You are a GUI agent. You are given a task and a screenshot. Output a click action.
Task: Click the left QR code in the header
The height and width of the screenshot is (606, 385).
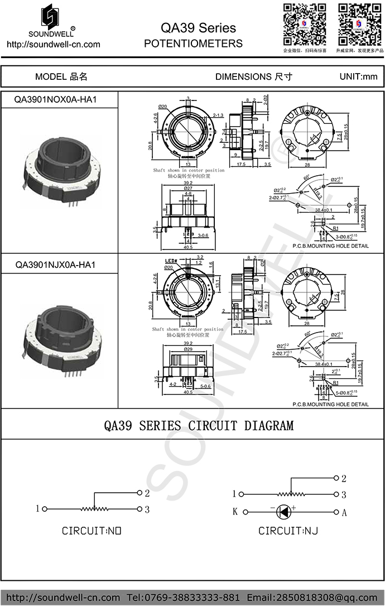tap(305, 24)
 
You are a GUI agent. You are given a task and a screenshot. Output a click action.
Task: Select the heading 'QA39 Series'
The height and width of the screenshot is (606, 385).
tap(198, 28)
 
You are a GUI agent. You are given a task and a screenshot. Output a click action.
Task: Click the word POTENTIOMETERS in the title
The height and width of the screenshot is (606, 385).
tap(193, 44)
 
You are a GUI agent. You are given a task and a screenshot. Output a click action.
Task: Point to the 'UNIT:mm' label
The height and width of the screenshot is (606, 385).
tap(358, 76)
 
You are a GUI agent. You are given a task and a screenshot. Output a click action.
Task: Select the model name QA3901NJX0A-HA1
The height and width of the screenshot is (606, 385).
tap(55, 264)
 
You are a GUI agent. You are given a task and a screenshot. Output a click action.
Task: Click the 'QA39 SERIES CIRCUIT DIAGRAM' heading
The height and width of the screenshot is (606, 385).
tap(199, 426)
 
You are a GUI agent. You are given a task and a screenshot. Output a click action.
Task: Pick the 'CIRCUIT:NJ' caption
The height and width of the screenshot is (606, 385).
tap(288, 531)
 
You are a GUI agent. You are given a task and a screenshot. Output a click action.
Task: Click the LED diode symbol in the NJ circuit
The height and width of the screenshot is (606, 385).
tap(285, 512)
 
